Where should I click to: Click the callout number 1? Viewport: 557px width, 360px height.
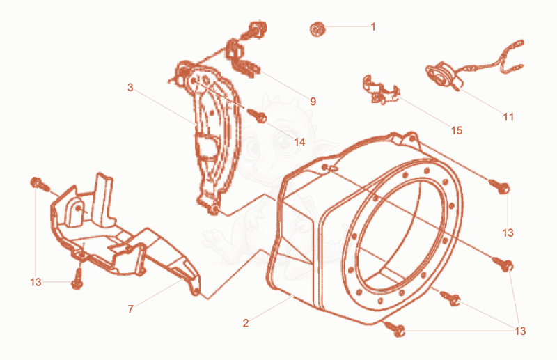(373, 26)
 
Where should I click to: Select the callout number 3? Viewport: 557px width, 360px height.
(130, 88)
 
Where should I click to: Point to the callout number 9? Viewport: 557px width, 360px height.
(313, 102)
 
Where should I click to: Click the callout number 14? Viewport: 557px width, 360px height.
(299, 142)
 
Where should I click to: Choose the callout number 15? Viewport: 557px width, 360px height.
(457, 131)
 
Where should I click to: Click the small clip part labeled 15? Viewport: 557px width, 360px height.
(380, 90)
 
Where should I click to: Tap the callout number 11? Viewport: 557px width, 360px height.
(508, 117)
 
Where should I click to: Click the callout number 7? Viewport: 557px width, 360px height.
(130, 309)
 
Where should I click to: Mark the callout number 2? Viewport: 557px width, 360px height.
(246, 323)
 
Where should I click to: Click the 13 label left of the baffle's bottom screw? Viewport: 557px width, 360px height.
(36, 282)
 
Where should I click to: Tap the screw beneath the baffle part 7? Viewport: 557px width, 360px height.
(77, 279)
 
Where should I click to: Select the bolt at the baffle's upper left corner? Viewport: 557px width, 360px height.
(40, 185)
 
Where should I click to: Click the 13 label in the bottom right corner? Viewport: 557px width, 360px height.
(520, 331)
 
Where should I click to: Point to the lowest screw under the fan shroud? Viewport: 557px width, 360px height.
(394, 329)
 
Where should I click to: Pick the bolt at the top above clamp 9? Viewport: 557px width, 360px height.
(256, 30)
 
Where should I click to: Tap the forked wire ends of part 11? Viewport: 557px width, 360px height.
(512, 57)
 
